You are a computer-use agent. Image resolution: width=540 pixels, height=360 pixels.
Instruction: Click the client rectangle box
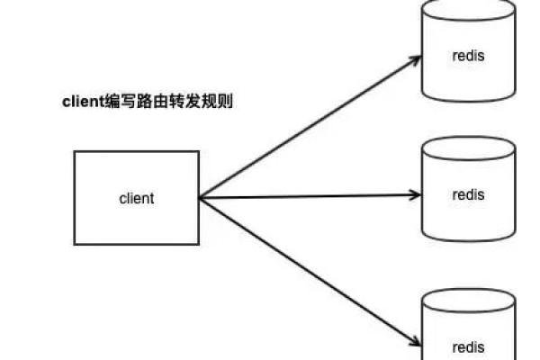(136, 175)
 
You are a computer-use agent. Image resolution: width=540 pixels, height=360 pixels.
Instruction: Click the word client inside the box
(136, 199)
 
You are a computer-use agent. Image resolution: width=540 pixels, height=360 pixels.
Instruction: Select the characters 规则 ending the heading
(219, 103)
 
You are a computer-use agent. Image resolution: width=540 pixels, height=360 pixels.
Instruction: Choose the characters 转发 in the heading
(189, 103)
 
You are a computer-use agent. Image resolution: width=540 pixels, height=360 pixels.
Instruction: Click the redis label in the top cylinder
(468, 56)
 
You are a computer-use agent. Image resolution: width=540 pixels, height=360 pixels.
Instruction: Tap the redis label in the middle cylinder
(468, 195)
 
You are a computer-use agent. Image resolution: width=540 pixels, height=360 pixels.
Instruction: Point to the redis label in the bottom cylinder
(468, 346)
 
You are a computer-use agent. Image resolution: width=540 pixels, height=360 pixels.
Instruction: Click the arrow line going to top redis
(306, 129)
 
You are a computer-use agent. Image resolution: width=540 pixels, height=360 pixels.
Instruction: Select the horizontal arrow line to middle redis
(306, 196)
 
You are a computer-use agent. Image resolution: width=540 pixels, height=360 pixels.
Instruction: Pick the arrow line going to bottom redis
(306, 270)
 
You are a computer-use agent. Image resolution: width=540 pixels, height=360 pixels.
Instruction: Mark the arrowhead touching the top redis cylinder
(415, 59)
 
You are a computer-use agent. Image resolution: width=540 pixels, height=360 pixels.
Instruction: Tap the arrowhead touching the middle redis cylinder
(416, 194)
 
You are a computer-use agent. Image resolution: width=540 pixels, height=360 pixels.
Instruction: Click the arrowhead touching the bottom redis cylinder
(415, 342)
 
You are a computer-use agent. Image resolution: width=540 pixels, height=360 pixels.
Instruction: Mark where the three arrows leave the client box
(199, 198)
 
